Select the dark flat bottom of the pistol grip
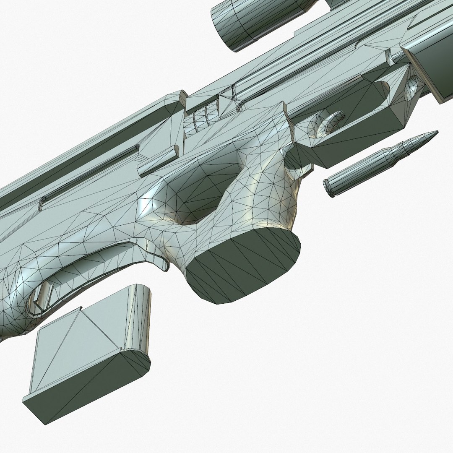(243, 267)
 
